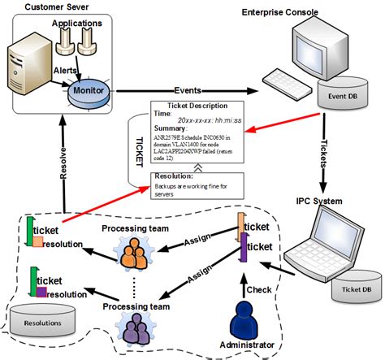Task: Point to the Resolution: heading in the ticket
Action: (173, 176)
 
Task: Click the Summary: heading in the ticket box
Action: (171, 128)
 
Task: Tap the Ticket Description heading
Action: (197, 106)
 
